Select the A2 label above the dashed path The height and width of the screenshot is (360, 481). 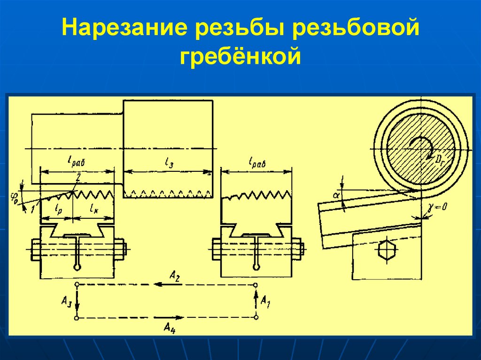point(175,277)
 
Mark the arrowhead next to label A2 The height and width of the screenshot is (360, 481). point(159,284)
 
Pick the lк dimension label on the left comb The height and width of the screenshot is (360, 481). point(93,210)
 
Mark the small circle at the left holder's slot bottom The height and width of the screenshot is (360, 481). point(77,268)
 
